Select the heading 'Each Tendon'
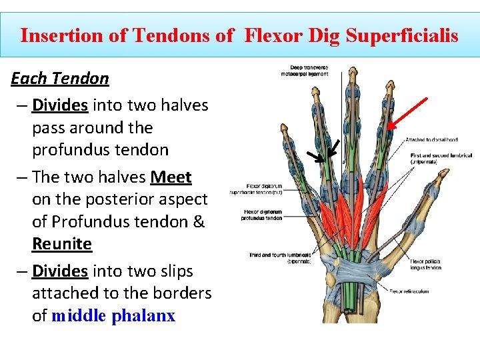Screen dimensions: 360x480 click(x=60, y=79)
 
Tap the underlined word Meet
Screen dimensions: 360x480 click(x=171, y=177)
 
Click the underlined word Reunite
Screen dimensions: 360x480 click(x=61, y=243)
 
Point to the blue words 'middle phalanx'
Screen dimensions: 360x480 click(x=113, y=315)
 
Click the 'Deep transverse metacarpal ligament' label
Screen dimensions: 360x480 click(x=309, y=70)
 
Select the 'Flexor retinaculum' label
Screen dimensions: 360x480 click(x=409, y=291)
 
